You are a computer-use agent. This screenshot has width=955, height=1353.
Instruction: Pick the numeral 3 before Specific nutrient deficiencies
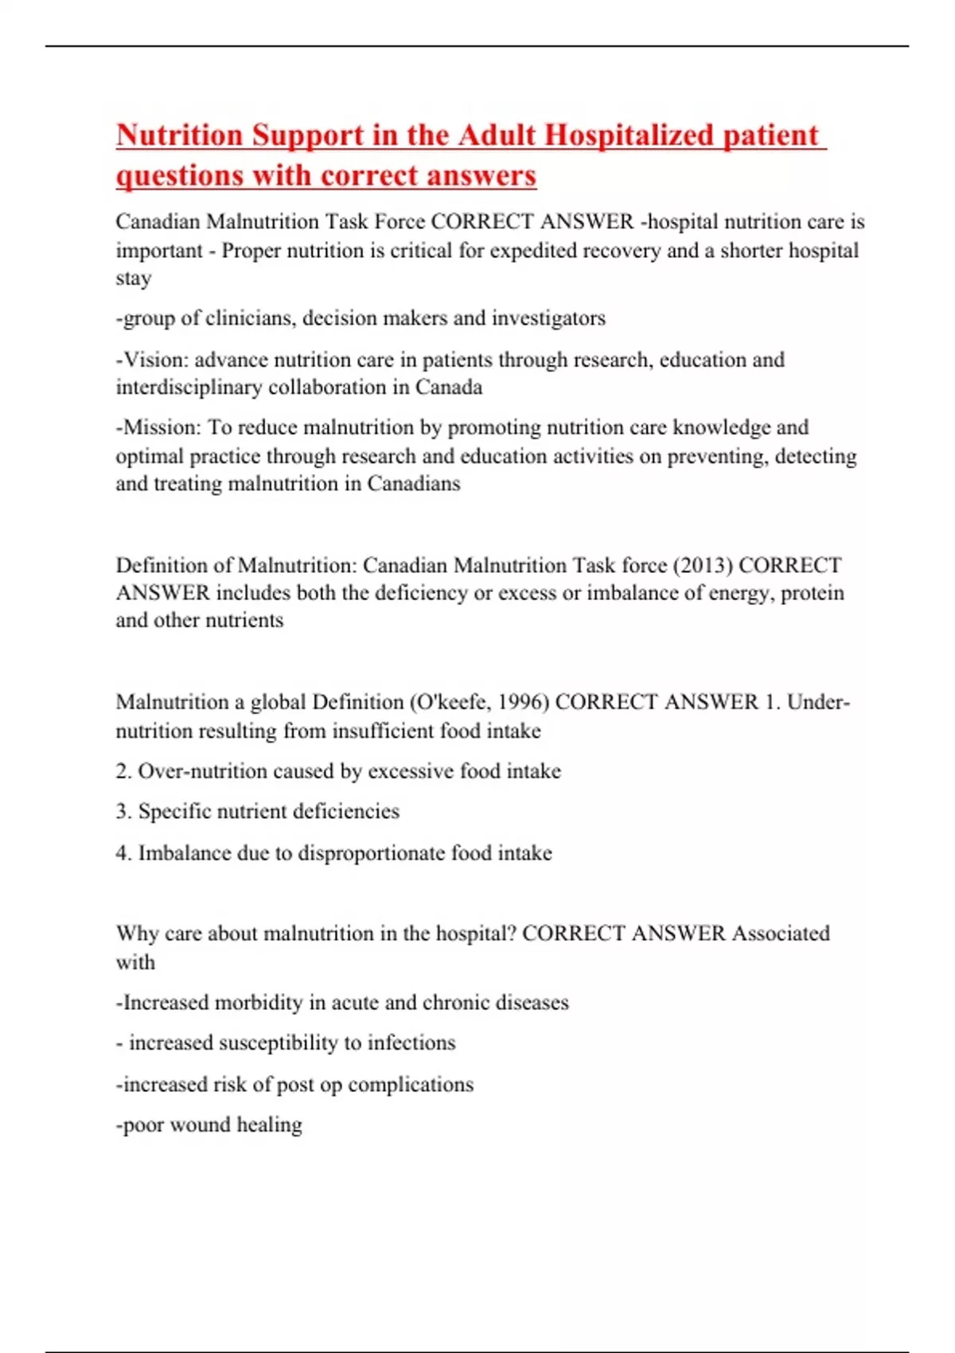pos(122,812)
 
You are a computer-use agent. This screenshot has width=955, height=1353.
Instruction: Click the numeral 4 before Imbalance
pos(122,853)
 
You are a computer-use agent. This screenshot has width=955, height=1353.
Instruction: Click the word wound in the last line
pos(200,1125)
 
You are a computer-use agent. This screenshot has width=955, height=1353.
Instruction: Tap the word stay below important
pos(133,279)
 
